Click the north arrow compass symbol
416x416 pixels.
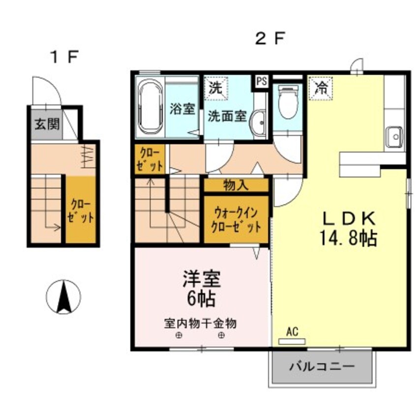pos(63,297)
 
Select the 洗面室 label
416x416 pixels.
pos(226,118)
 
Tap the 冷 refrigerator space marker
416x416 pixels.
pos(321,89)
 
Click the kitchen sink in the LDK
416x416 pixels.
pos(393,137)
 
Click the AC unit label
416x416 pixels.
pos(292,331)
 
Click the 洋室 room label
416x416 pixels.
pos(202,279)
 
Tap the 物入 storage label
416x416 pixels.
pos(236,185)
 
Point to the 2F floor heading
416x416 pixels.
pos(270,39)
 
